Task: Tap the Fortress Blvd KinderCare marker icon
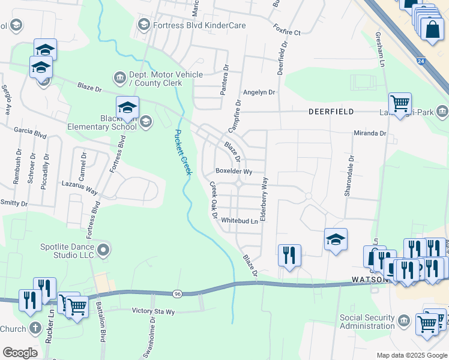143,25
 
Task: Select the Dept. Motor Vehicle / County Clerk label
166,79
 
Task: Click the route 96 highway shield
178,293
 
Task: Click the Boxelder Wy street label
234,171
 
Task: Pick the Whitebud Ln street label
240,221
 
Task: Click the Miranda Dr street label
370,133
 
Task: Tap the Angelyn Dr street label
259,92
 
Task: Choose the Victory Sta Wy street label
153,311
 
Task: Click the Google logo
20,353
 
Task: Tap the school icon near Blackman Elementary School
127,107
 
